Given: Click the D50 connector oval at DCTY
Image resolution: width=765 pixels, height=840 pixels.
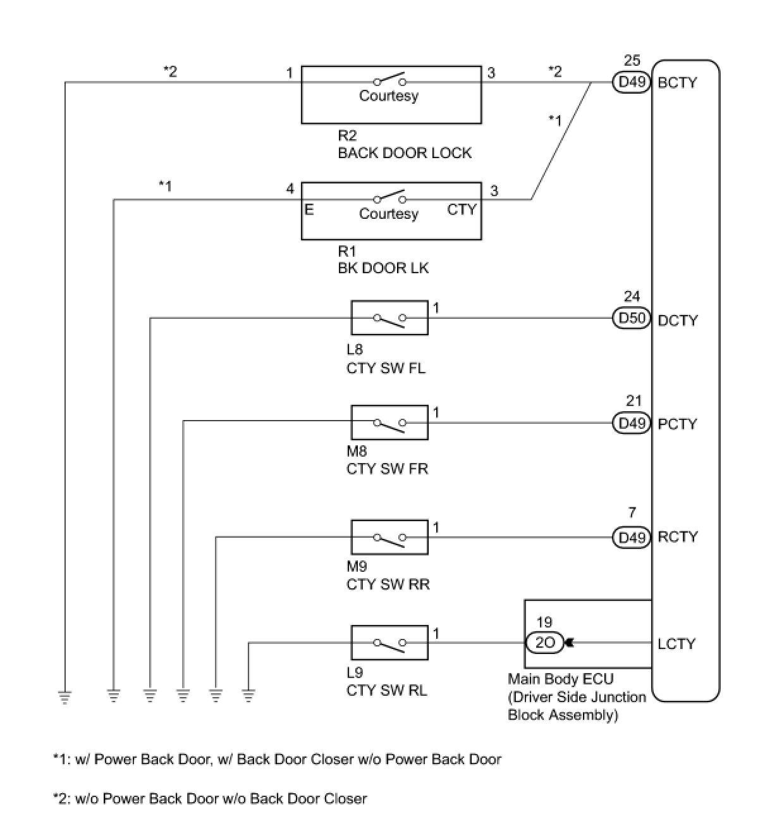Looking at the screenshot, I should pyautogui.click(x=632, y=318).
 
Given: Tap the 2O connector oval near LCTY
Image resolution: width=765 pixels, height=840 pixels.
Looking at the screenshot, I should pyautogui.click(x=544, y=643).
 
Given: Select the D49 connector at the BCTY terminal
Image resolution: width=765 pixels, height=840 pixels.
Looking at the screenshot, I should pyautogui.click(x=632, y=83).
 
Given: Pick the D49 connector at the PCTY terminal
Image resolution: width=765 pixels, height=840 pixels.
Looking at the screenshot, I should pyautogui.click(x=632, y=423).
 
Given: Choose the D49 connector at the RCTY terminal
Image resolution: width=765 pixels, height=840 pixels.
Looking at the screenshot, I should pyautogui.click(x=632, y=537).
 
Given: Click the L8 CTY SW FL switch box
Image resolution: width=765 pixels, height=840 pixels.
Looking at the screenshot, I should pyautogui.click(x=389, y=318).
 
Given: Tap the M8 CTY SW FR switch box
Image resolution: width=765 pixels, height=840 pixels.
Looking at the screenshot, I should pyautogui.click(x=389, y=423).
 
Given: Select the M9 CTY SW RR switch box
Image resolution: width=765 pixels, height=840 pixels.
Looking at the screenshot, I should pyautogui.click(x=389, y=537).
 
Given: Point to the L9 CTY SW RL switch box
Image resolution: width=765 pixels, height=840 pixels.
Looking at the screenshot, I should pyautogui.click(x=389, y=643).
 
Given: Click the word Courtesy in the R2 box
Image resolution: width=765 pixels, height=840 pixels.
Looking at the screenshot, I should pyautogui.click(x=389, y=96).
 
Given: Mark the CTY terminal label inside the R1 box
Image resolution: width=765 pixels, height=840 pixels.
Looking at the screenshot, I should pyautogui.click(x=462, y=209).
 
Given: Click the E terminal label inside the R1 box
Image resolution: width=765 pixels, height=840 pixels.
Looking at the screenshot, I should pyautogui.click(x=309, y=209).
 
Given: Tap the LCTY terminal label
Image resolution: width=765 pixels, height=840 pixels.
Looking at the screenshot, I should pyautogui.click(x=676, y=644).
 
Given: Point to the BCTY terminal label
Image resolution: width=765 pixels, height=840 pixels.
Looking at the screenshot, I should pyautogui.click(x=677, y=83).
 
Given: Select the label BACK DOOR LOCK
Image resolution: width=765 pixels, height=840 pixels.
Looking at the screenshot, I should pyautogui.click(x=405, y=153).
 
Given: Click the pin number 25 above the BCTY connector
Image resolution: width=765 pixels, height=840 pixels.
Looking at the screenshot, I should pyautogui.click(x=632, y=61).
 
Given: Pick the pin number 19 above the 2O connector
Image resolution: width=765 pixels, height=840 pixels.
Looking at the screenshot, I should pyautogui.click(x=544, y=622).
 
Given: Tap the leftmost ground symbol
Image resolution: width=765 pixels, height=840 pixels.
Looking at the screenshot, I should pyautogui.click(x=64, y=697).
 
